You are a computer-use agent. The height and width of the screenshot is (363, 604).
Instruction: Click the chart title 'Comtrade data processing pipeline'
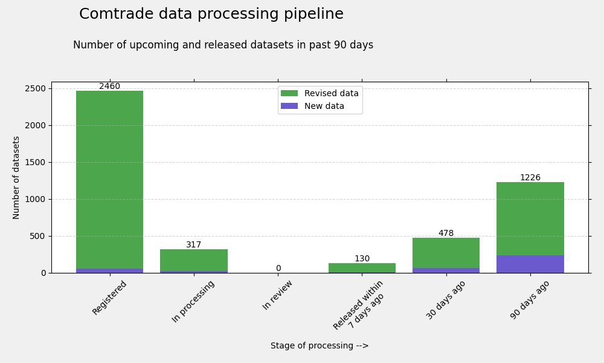[x=211, y=15]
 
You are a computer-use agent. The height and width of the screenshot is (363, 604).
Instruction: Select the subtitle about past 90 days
[x=223, y=45]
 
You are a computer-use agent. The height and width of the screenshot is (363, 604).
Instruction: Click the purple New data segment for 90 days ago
[x=530, y=264]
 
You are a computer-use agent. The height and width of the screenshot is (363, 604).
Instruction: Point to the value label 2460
[x=109, y=87]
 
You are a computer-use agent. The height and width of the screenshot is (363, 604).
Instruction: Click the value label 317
[x=194, y=245]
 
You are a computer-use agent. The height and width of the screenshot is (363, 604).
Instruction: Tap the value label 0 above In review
[x=278, y=269]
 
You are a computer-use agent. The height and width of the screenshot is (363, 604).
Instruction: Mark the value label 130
[x=362, y=259]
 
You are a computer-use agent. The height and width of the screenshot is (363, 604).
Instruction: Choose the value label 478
[x=446, y=234]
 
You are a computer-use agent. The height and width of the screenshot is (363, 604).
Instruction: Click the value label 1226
[x=530, y=178]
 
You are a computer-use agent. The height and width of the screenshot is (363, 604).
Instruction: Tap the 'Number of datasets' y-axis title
[x=16, y=177]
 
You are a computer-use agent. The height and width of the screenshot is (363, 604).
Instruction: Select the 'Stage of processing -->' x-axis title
[x=320, y=346]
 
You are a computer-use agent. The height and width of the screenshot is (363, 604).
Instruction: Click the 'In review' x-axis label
[x=278, y=295]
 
